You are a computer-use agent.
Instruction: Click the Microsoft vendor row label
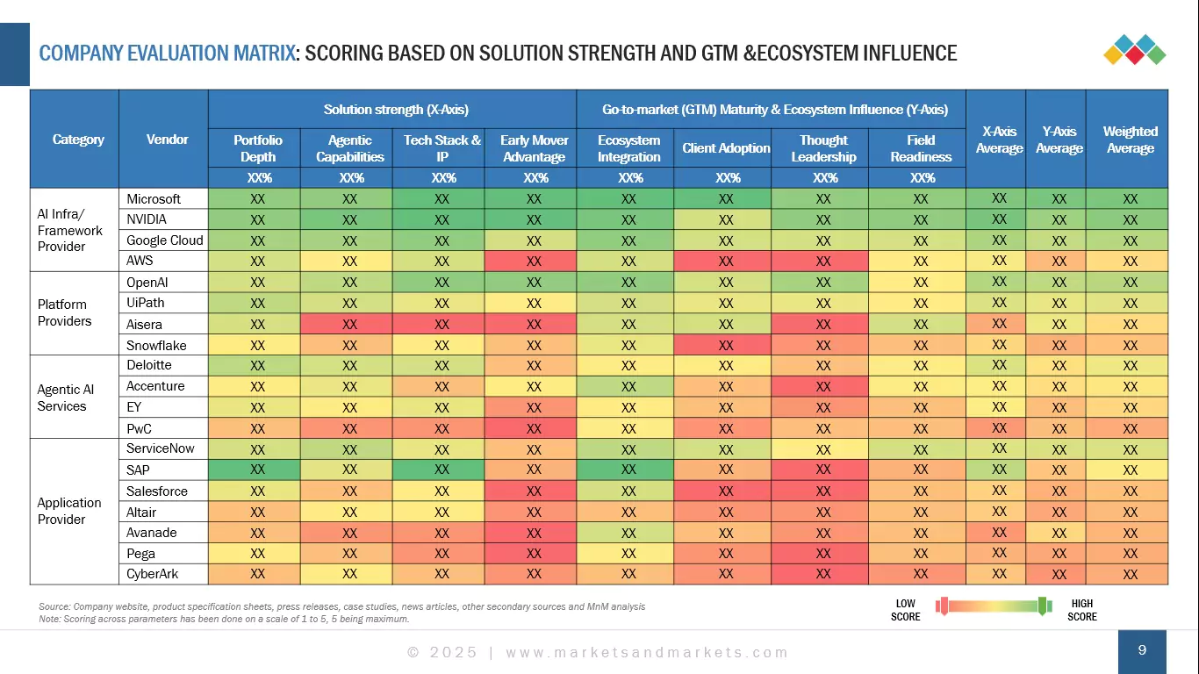coord(154,199)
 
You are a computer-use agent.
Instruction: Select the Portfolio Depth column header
coord(258,148)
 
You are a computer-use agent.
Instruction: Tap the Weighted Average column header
coord(1130,140)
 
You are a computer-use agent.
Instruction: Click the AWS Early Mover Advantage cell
coord(534,262)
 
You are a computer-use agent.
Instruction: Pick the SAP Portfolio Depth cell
coord(258,470)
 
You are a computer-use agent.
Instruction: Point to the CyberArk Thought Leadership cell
coord(822,575)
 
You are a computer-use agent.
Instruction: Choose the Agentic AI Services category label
coord(66,398)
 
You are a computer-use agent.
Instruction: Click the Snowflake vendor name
coord(156,346)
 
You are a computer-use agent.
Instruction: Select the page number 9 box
coord(1142,651)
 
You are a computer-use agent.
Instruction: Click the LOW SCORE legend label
coord(906,610)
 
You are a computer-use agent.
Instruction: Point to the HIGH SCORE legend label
coord(1082,610)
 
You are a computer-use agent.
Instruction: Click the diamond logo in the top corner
coord(1134,49)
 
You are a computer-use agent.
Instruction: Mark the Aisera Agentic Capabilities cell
coord(349,325)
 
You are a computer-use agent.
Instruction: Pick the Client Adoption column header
coord(726,148)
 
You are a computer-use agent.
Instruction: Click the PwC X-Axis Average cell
coord(999,428)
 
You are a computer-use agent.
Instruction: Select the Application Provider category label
coord(68,511)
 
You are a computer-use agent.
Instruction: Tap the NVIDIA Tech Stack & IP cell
coord(442,220)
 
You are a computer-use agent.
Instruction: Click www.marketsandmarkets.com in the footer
coord(647,652)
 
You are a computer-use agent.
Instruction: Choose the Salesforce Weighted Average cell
coord(1130,491)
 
